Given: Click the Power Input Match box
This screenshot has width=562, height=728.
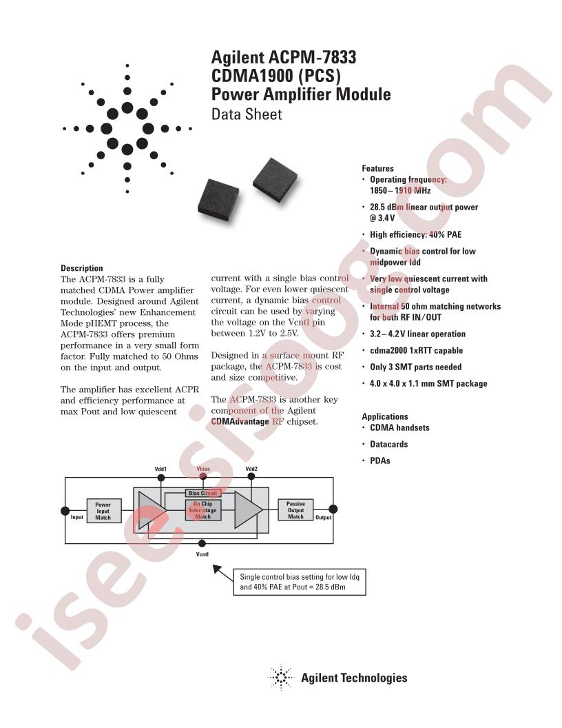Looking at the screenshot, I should click(x=103, y=511).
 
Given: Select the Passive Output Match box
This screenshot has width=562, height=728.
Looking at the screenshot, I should click(x=295, y=510).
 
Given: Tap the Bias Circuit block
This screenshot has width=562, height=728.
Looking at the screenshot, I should click(x=202, y=494).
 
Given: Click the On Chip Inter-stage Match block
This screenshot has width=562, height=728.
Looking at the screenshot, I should click(x=202, y=510).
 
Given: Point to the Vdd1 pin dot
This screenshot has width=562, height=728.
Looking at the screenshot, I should click(x=160, y=477).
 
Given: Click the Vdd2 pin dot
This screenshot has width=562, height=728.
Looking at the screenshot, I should click(x=251, y=477).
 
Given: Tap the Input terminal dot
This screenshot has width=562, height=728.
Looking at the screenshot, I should click(x=65, y=510).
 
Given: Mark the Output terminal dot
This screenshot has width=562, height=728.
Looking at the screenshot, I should click(x=333, y=510).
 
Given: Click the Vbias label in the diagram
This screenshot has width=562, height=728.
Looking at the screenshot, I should click(x=202, y=469).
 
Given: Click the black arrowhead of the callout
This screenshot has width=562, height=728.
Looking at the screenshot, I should click(x=218, y=569).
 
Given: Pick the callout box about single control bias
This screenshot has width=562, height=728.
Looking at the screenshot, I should click(x=300, y=583).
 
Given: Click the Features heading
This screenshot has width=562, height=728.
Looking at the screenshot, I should click(x=377, y=168).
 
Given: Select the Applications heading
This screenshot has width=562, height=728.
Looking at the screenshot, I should click(x=384, y=416).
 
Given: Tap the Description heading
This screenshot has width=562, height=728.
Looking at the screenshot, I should click(x=81, y=268).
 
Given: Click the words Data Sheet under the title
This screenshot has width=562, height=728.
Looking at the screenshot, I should click(x=247, y=114).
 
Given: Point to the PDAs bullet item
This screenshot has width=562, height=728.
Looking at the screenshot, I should click(x=379, y=461).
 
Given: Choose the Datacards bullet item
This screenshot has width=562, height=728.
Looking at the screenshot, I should click(x=388, y=444).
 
